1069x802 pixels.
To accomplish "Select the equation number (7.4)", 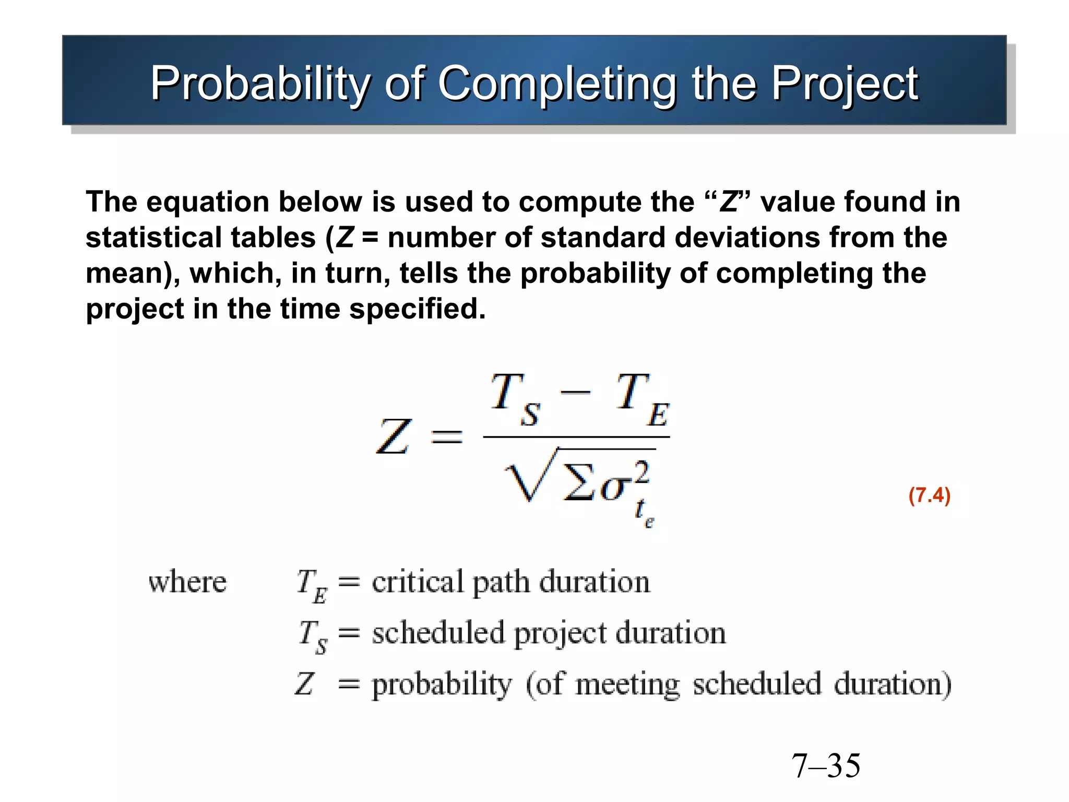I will click(x=929, y=495).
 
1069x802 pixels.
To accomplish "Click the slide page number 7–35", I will click(x=826, y=766).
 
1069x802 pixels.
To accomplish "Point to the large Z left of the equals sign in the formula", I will click(x=394, y=437).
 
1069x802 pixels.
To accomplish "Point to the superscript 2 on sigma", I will click(x=642, y=472).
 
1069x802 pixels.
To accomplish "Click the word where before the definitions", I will click(x=187, y=582).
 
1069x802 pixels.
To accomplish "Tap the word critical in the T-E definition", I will click(x=418, y=582).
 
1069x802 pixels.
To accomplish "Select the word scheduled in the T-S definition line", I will click(x=438, y=633).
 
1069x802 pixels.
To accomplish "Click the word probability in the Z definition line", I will click(x=442, y=684).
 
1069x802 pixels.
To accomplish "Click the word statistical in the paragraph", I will click(x=200, y=238).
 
